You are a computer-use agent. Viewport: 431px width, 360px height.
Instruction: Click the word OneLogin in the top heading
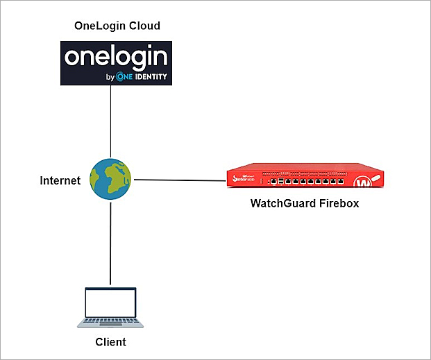coord(99,26)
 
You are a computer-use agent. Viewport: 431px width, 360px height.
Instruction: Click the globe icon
coord(112,180)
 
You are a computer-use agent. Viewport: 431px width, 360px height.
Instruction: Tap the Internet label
coord(60,181)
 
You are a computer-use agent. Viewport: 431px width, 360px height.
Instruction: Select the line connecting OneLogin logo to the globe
coord(112,121)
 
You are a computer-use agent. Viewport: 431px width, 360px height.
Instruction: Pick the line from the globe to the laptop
coord(112,243)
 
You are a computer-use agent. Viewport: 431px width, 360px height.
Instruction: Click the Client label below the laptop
coord(110,343)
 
